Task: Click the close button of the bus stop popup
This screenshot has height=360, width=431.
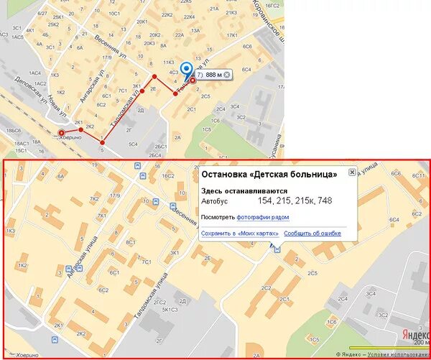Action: (352, 172)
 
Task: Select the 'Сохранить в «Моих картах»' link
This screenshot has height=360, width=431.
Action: (239, 234)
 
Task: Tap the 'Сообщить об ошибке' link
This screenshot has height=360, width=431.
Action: (312, 234)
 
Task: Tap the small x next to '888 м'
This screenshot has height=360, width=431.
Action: (227, 75)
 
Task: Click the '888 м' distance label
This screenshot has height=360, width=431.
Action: (214, 75)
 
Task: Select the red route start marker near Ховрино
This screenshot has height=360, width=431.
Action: (61, 132)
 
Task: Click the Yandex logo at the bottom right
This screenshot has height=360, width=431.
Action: (414, 334)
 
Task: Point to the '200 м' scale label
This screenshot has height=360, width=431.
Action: (421, 343)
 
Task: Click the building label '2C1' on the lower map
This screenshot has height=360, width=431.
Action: (284, 299)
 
